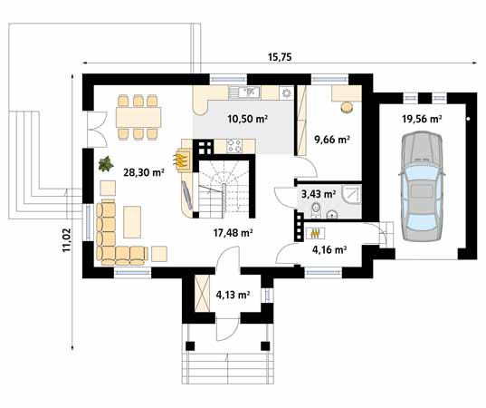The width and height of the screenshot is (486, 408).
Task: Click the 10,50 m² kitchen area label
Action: [247, 119]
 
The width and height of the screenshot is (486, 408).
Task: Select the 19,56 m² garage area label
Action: [422, 119]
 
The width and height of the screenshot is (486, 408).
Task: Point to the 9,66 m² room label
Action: [331, 140]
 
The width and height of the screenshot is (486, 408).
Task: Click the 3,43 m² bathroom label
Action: [318, 193]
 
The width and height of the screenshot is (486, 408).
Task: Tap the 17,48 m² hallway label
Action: [232, 232]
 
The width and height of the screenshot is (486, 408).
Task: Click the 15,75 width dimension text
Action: [280, 56]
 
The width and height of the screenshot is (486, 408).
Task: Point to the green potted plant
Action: [106, 164]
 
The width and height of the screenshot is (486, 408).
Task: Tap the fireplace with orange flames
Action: [182, 160]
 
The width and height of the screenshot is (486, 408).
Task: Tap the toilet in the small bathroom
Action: [315, 212]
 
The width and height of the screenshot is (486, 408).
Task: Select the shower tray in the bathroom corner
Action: [351, 194]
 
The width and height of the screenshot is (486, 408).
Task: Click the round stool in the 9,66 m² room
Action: [347, 107]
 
